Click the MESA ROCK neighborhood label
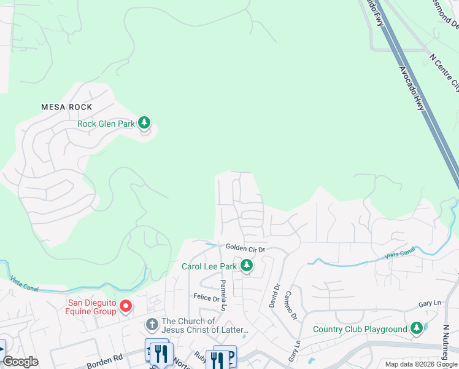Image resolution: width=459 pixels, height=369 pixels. (67, 107)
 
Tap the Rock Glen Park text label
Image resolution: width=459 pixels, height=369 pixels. (106, 124)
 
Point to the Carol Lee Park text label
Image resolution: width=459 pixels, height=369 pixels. (209, 266)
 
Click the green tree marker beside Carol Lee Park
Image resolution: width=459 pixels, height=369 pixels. (247, 266)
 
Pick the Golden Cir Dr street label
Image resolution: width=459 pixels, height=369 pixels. (244, 248)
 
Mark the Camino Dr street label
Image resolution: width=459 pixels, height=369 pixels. (290, 306)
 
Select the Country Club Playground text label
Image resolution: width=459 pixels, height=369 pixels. (360, 329)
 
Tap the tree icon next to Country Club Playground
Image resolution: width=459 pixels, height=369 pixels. (417, 328)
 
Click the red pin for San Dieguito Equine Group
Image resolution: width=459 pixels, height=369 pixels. (126, 306)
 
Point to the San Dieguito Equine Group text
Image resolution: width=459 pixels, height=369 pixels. (92, 306)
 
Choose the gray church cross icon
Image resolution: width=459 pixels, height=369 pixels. (152, 323)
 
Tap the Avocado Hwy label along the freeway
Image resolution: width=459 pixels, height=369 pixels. (412, 89)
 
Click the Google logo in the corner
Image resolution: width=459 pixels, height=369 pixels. (20, 362)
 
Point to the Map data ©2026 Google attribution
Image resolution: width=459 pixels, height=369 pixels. (421, 364)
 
